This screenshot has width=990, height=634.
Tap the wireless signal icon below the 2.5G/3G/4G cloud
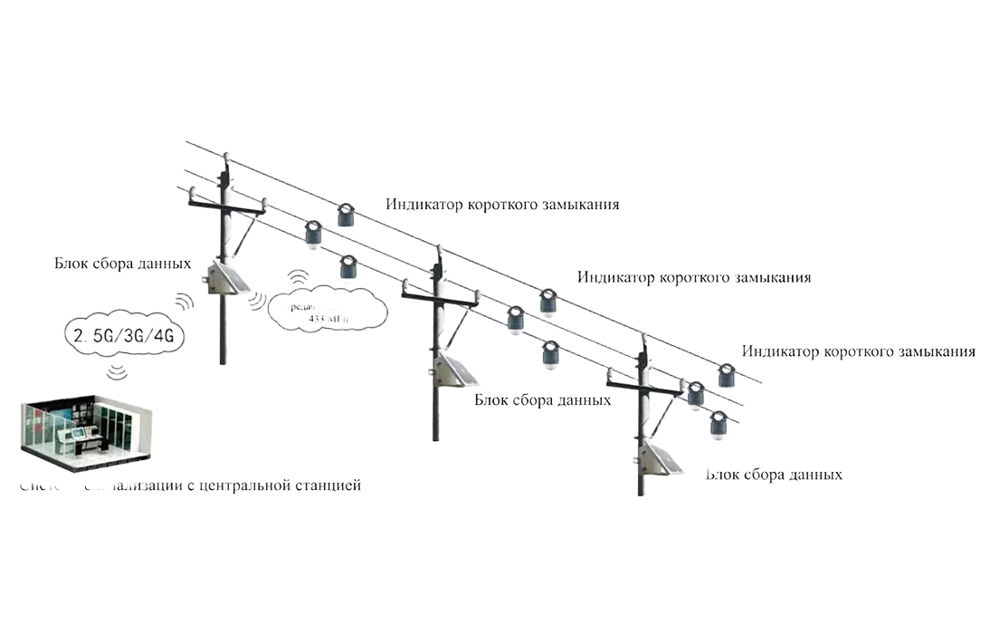pos(116,372)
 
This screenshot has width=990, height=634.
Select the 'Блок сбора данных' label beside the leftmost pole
pos(122,264)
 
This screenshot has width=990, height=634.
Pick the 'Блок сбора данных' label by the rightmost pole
pos(775,475)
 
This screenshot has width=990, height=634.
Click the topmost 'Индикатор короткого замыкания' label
pos(503,205)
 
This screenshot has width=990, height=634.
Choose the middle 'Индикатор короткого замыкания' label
pos(694,277)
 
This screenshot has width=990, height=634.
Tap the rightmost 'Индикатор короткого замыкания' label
pos(858,351)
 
